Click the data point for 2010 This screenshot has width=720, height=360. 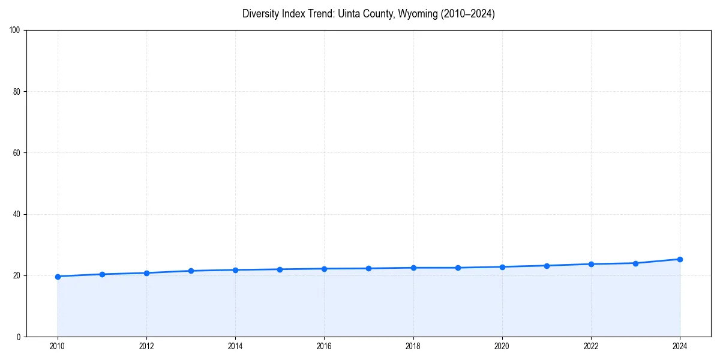coord(58,277)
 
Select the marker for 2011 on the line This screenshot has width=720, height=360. coord(102,274)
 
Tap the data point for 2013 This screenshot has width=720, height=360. coord(191,271)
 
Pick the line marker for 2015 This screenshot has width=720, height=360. coord(280,269)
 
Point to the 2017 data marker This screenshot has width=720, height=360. coord(368,268)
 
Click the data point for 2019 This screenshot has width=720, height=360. coord(458,268)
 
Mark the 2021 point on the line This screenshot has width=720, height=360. coord(547,266)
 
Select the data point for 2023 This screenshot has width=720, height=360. coord(635,263)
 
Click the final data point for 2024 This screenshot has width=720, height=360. coord(680,259)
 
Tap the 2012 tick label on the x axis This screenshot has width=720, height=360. coord(146,346)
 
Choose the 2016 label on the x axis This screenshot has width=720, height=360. coord(324,346)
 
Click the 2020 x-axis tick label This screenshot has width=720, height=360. coord(502,346)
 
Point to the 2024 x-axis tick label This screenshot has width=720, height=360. coord(680,346)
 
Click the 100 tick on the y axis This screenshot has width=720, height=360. coord(15,31)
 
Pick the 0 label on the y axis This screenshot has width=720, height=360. coord(19,337)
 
